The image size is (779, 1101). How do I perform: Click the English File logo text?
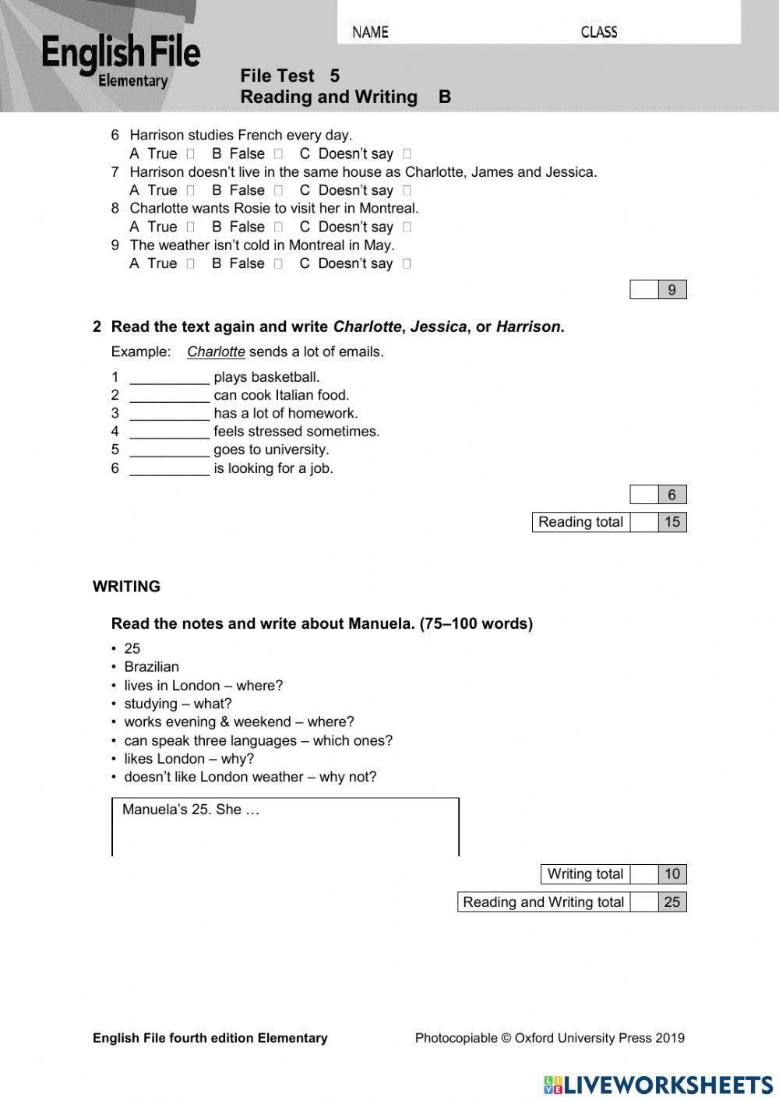pyautogui.click(x=121, y=53)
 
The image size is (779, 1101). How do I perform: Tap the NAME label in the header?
pyautogui.click(x=370, y=32)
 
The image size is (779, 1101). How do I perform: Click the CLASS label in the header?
pyautogui.click(x=598, y=32)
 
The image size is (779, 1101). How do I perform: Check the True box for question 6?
pyautogui.click(x=190, y=154)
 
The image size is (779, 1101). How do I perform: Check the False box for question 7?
pyautogui.click(x=278, y=191)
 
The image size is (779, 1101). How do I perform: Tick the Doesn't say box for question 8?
pyautogui.click(x=407, y=228)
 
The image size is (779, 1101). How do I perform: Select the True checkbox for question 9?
pyautogui.click(x=190, y=264)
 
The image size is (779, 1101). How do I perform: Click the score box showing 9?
pyautogui.click(x=671, y=290)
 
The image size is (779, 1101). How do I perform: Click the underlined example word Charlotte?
pyautogui.click(x=216, y=352)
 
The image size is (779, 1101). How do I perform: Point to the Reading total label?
pyautogui.click(x=580, y=522)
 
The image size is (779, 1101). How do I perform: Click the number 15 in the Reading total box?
pyautogui.click(x=671, y=522)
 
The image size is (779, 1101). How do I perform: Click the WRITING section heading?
pyautogui.click(x=126, y=587)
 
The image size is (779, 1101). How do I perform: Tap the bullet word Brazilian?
pyautogui.click(x=151, y=667)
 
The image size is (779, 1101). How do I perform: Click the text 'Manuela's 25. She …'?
pyautogui.click(x=191, y=810)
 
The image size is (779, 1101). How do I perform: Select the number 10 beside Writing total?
pyautogui.click(x=671, y=874)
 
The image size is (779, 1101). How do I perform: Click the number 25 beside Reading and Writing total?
pyautogui.click(x=671, y=902)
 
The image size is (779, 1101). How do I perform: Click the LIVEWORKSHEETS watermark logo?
pyautogui.click(x=658, y=1085)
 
